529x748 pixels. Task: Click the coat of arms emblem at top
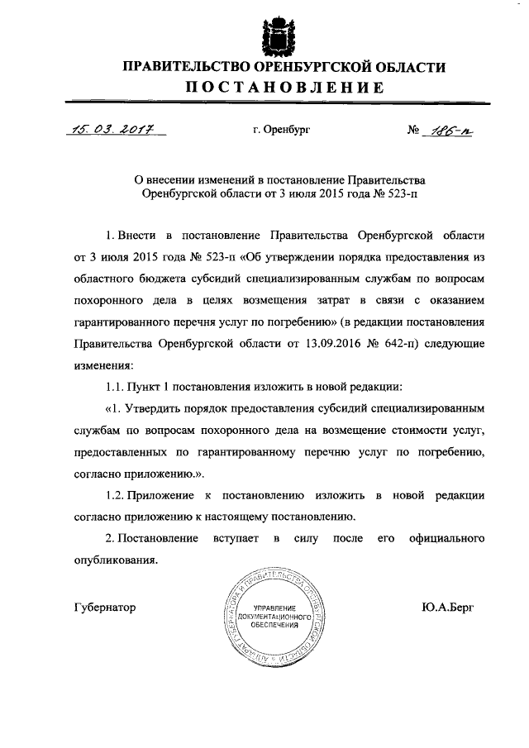tap(272, 36)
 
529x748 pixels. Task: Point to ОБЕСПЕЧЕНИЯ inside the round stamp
tap(274, 626)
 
